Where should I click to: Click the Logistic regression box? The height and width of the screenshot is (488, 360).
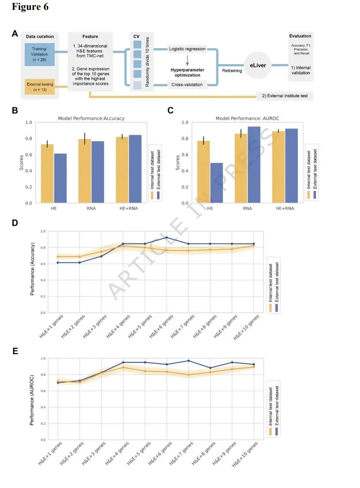pyautogui.click(x=187, y=49)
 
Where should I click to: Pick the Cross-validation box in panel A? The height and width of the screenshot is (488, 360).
pyautogui.click(x=187, y=85)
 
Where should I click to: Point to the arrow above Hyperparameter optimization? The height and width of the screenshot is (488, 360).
pyautogui.click(x=187, y=59)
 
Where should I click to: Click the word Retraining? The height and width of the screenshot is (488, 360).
pyautogui.click(x=232, y=71)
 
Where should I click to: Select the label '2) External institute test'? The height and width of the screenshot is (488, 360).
pyautogui.click(x=284, y=96)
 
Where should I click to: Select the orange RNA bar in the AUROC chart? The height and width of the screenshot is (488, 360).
pyautogui.click(x=241, y=168)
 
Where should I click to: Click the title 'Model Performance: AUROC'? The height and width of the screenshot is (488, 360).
pyautogui.click(x=242, y=118)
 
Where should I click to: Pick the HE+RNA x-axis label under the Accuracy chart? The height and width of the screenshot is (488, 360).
pyautogui.click(x=129, y=209)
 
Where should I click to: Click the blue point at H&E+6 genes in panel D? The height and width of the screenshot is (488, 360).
pyautogui.click(x=166, y=238)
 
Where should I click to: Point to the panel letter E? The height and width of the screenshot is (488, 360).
pyautogui.click(x=15, y=351)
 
